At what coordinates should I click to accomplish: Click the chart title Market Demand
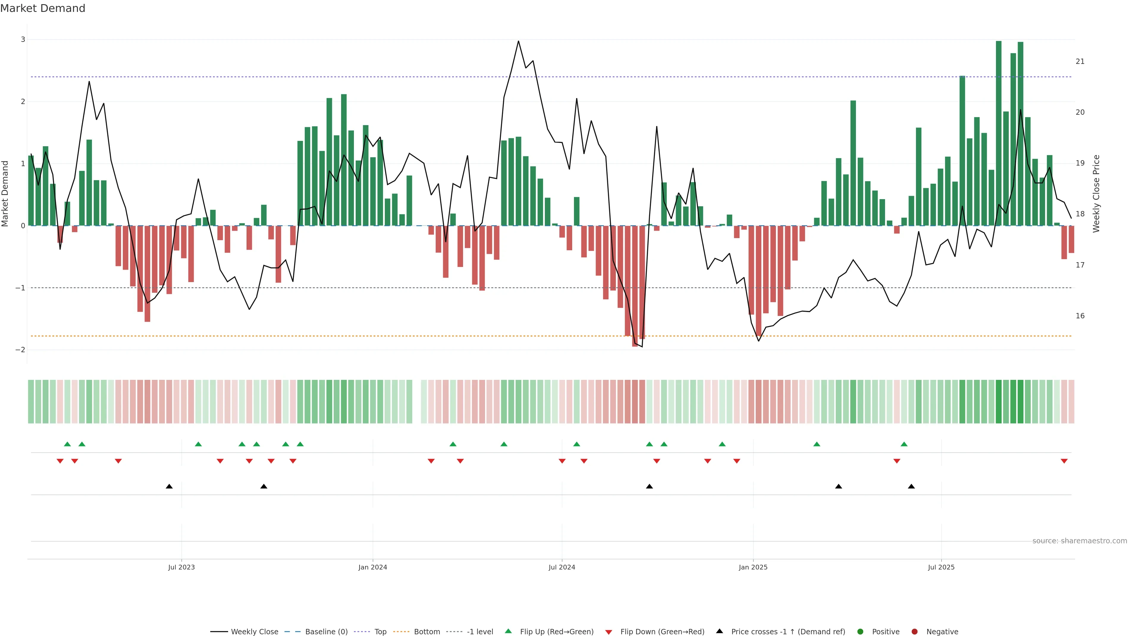click(x=43, y=8)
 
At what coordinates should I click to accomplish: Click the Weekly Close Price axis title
click(x=1096, y=193)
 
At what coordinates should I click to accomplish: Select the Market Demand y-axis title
click(x=5, y=193)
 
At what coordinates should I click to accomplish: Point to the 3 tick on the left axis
click(x=23, y=40)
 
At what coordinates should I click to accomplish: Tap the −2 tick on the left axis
click(x=21, y=350)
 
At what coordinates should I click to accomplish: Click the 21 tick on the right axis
click(x=1080, y=62)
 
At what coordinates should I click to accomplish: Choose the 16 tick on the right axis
click(x=1080, y=316)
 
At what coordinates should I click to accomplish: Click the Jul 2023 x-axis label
click(x=181, y=567)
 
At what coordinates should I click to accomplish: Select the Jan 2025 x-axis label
click(x=753, y=567)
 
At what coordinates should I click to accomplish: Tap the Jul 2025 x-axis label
click(x=941, y=567)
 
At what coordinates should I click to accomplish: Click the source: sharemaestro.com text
click(x=1080, y=541)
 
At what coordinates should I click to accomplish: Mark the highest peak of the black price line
click(x=518, y=41)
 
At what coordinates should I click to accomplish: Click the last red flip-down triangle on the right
click(x=1064, y=461)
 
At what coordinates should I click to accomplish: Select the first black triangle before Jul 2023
click(x=169, y=487)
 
